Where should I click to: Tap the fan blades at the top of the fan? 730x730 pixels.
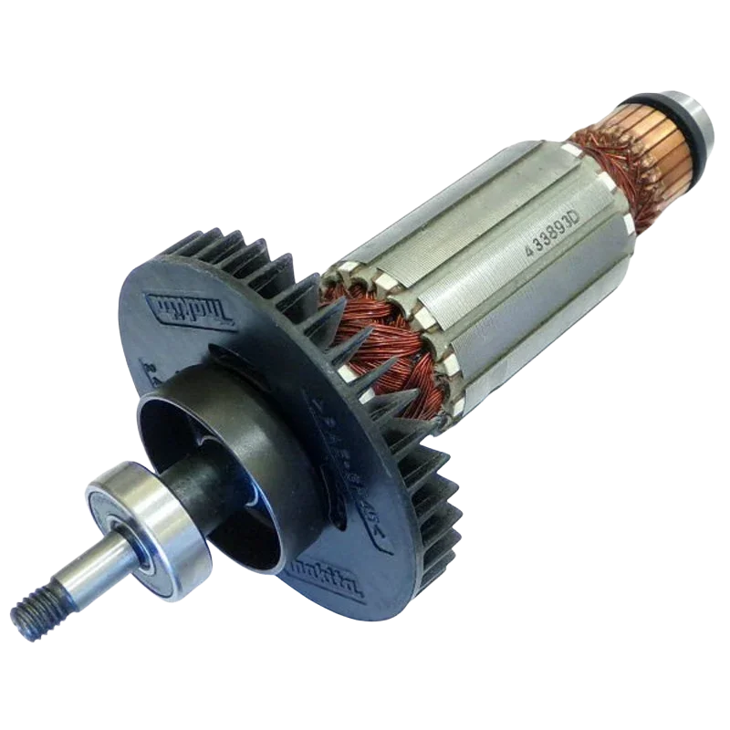coord(237,251)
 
